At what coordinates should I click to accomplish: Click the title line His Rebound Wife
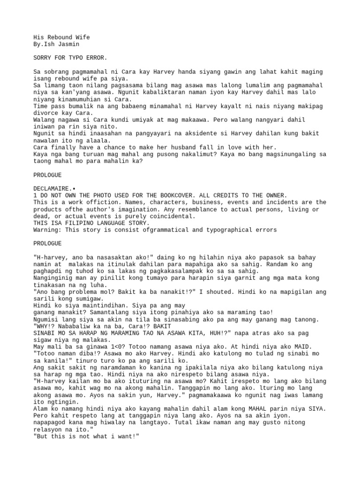[61, 37]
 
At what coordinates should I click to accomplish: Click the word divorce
[45, 113]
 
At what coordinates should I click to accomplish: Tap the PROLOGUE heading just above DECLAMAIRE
[47, 175]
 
